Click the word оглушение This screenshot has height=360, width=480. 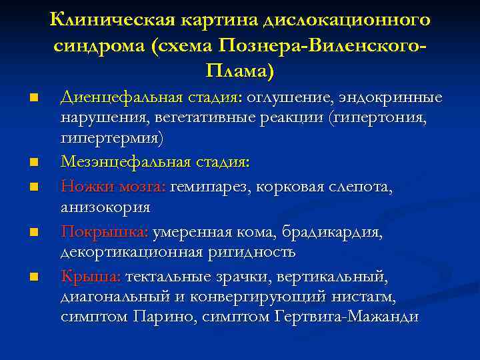pyautogui.click(x=287, y=98)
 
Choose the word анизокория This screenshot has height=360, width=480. pyautogui.click(x=105, y=207)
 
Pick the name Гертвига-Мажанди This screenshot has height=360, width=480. pyautogui.click(x=347, y=317)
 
